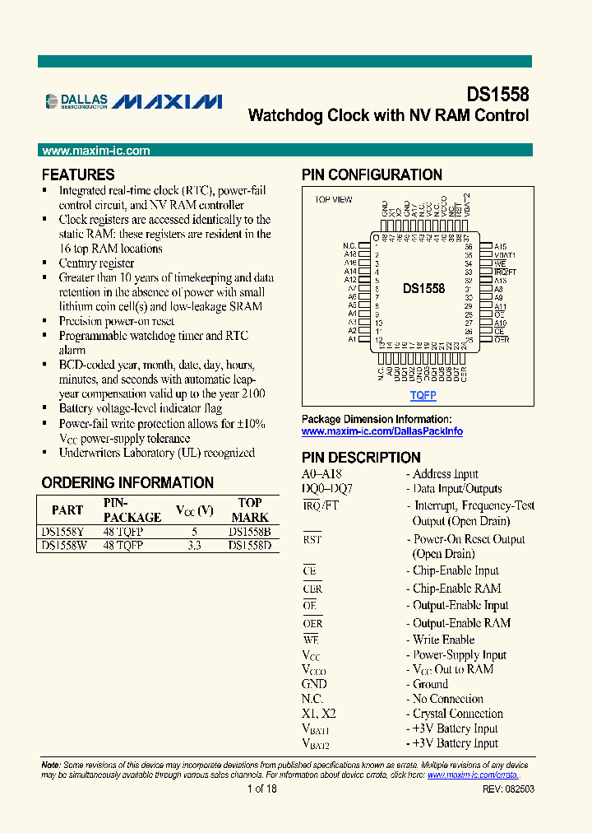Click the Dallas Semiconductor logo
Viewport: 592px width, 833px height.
76,101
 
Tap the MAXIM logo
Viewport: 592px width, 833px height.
167,101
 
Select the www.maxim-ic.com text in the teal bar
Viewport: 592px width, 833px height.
96,151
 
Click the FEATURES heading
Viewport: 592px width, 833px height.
78,175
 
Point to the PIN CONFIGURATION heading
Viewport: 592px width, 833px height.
372,175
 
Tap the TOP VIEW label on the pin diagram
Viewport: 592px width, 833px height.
333,200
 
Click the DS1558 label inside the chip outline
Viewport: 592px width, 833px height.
423,289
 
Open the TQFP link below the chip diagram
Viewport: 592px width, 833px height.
423,396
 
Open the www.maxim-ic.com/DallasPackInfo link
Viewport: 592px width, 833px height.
382,431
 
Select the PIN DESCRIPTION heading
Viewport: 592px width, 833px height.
361,458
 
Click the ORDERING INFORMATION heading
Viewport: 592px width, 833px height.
127,482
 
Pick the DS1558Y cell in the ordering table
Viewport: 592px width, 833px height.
61,533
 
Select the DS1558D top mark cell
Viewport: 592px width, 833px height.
249,546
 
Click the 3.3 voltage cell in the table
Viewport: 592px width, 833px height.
194,546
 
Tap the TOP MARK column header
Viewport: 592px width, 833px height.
249,510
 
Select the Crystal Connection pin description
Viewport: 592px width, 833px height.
457,714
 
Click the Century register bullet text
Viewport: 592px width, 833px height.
96,263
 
